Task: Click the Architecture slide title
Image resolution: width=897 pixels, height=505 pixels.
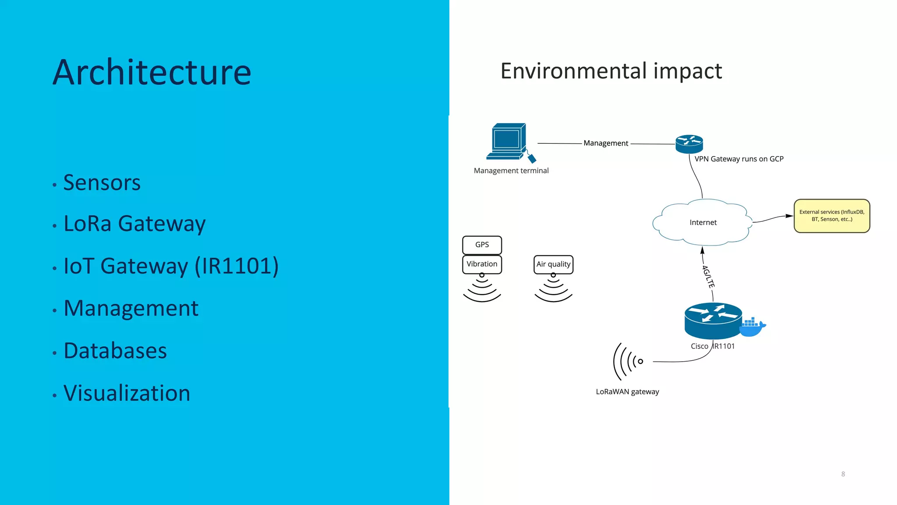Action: pyautogui.click(x=152, y=72)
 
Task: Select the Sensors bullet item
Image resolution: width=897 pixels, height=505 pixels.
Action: pyautogui.click(x=102, y=182)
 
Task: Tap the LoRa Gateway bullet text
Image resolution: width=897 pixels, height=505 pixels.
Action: pyautogui.click(x=134, y=224)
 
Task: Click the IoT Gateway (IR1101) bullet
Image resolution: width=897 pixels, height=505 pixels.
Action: pyautogui.click(x=171, y=266)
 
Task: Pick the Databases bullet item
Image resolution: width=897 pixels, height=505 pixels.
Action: pyautogui.click(x=115, y=351)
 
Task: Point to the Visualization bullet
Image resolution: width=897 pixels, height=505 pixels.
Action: pyautogui.click(x=127, y=393)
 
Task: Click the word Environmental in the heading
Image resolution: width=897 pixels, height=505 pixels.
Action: pyautogui.click(x=573, y=71)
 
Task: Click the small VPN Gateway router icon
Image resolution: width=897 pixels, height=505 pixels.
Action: pyautogui.click(x=689, y=144)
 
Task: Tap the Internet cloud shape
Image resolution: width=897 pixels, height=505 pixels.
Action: pyautogui.click(x=703, y=222)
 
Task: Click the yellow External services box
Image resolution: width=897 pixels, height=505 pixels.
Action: pyautogui.click(x=831, y=216)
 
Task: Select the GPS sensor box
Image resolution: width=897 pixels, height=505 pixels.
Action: pyautogui.click(x=482, y=245)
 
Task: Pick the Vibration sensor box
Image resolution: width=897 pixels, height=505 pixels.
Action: pyautogui.click(x=482, y=264)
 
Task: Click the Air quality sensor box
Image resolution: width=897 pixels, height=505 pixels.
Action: pyautogui.click(x=553, y=264)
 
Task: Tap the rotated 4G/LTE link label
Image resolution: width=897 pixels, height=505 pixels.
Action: pyautogui.click(x=708, y=277)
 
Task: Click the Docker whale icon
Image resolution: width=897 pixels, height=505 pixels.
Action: pyautogui.click(x=752, y=327)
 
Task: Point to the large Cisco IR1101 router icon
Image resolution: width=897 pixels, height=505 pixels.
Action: pyautogui.click(x=713, y=320)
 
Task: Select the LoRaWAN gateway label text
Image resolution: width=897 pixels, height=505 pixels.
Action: pyautogui.click(x=627, y=391)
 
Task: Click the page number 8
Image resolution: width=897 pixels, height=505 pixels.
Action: pyautogui.click(x=843, y=474)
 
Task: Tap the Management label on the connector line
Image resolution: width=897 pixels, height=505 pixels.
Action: pyautogui.click(x=606, y=143)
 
